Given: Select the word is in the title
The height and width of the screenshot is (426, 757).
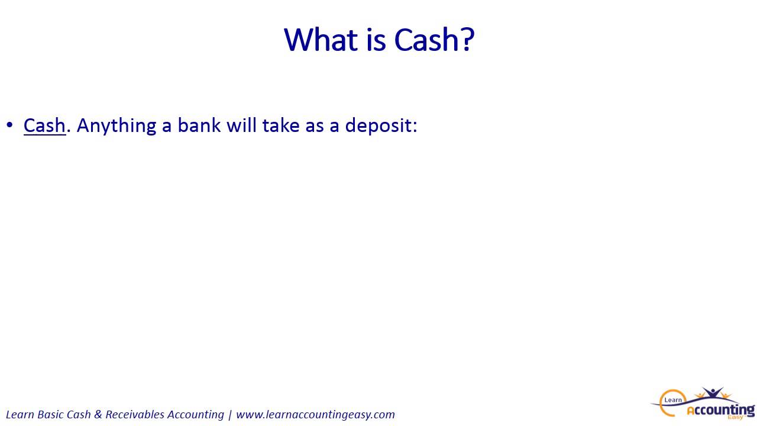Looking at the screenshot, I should pyautogui.click(x=376, y=40).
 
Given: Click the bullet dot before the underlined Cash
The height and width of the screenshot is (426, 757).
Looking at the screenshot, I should pyautogui.click(x=9, y=125).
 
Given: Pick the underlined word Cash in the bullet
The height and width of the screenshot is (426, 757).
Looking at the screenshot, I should pyautogui.click(x=44, y=125).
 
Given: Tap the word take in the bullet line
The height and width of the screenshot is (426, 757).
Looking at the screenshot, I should pyautogui.click(x=281, y=125).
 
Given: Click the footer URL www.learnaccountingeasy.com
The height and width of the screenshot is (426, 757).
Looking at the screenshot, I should pyautogui.click(x=315, y=415).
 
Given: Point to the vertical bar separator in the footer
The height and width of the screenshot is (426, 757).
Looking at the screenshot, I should pyautogui.click(x=229, y=415).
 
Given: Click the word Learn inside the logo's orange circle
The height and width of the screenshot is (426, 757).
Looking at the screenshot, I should pyautogui.click(x=673, y=400).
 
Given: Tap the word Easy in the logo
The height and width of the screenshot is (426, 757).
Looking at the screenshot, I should pyautogui.click(x=735, y=418).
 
